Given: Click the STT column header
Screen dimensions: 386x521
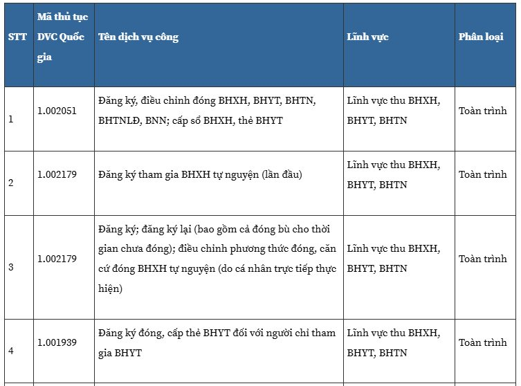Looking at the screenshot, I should (x=17, y=37).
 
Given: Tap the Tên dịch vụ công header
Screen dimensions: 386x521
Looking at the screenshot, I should (x=138, y=37).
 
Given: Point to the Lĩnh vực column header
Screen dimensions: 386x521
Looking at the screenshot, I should (x=367, y=37).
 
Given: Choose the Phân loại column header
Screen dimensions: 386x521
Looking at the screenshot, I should (x=481, y=37).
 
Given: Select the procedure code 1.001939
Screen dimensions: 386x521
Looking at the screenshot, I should (x=57, y=342).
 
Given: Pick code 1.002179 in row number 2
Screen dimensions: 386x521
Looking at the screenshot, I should (x=57, y=175).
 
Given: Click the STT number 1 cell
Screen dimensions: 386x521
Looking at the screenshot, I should (x=11, y=120).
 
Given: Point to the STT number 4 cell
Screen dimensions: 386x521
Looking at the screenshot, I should (x=11, y=351).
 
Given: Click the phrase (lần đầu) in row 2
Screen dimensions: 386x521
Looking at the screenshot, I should (x=282, y=175).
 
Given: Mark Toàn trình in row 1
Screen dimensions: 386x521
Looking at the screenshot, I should (x=483, y=111).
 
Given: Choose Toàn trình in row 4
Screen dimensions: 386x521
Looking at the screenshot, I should (x=483, y=342).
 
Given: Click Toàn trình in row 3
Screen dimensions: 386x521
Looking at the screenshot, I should (x=483, y=259).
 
